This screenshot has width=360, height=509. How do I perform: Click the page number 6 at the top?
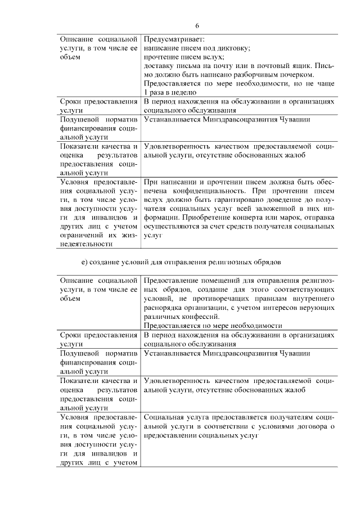pyautogui.click(x=197, y=26)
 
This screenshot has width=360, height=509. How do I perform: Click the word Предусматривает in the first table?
pyautogui.click(x=174, y=39)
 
